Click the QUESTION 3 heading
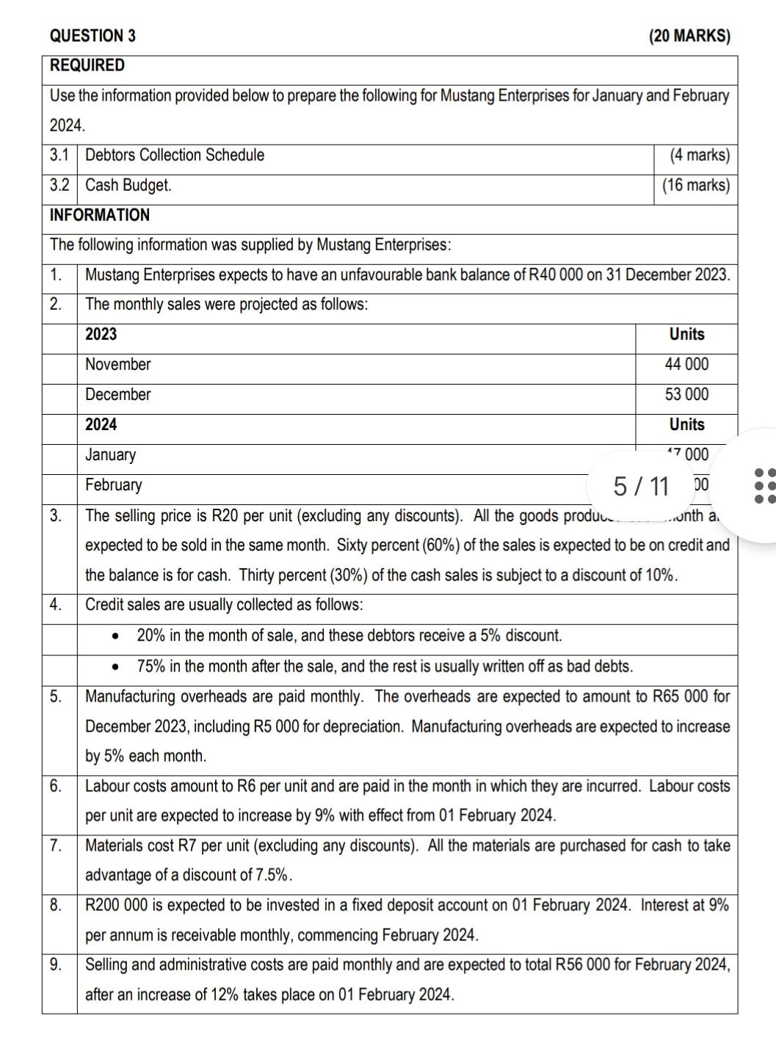(x=92, y=36)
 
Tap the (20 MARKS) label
(x=689, y=36)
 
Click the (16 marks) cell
(x=695, y=186)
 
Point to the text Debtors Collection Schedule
(x=175, y=156)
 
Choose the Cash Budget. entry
(x=128, y=186)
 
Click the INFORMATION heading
(x=99, y=215)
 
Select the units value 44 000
(x=686, y=365)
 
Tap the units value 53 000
(x=686, y=395)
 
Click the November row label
(x=117, y=365)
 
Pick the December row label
(x=117, y=395)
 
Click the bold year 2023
(x=101, y=335)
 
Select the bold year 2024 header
(x=101, y=425)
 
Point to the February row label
(x=114, y=485)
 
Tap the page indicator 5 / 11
(x=641, y=486)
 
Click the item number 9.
(x=56, y=965)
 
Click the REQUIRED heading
(x=87, y=65)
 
